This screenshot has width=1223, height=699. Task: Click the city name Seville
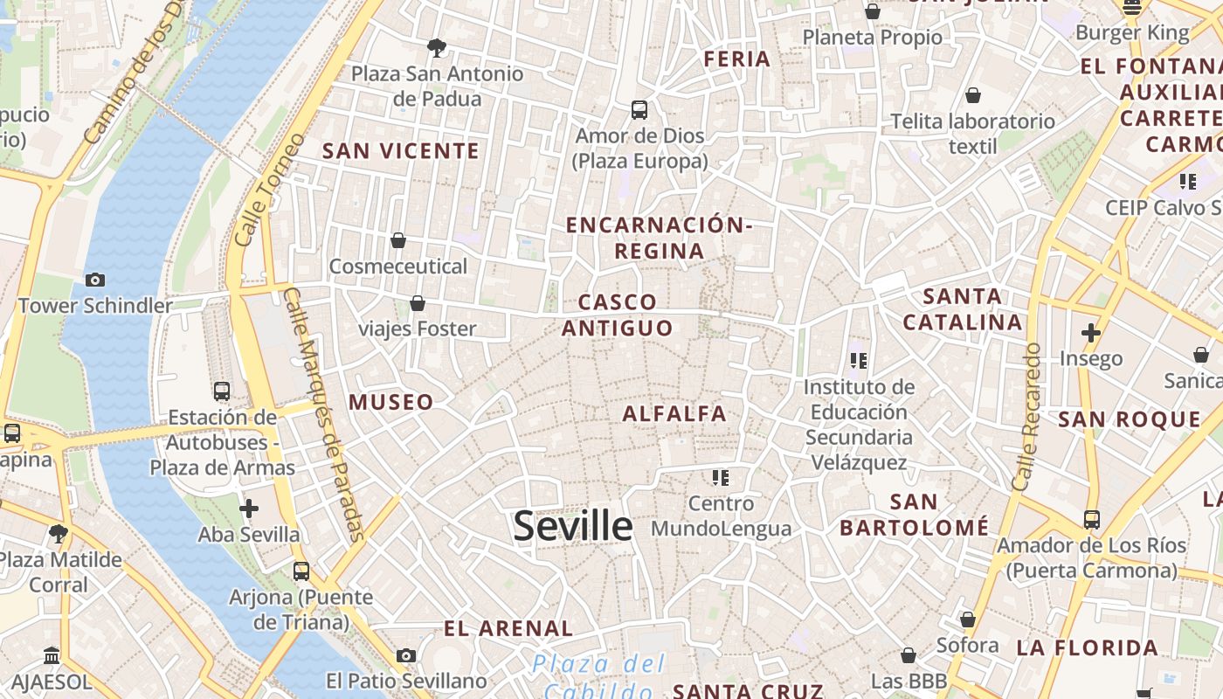pos(572,526)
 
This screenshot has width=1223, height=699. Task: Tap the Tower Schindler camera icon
pos(95,280)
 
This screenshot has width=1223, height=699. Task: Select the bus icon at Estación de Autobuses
pos(222,391)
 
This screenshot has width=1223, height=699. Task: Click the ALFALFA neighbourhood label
pos(674,414)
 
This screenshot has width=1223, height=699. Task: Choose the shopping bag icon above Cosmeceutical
pos(398,239)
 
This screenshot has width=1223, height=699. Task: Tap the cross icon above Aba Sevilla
pos(249,508)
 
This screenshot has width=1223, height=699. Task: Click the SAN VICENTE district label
pos(401,151)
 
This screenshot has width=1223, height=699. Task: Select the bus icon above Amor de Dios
pos(639,110)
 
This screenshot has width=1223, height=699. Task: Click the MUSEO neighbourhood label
pos(391,403)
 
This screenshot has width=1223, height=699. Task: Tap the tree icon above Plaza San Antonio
pos(436,47)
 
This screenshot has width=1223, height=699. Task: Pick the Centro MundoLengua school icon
pos(721,478)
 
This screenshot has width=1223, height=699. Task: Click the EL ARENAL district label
pos(508,628)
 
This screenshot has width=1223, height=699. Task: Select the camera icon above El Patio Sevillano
pos(405,655)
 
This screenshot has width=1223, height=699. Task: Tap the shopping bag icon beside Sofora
pos(968,619)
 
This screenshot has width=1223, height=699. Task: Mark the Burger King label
pos(1132,34)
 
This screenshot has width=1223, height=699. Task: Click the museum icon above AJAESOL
pos(52,655)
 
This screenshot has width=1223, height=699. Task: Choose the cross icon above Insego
pos(1090,333)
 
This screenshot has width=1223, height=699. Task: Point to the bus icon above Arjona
pos(301,571)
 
